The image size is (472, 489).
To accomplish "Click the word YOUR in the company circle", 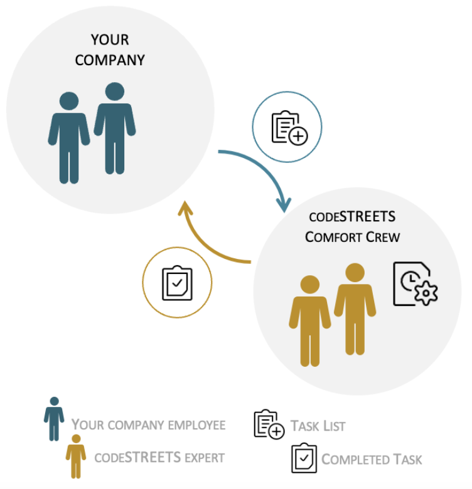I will pyautogui.click(x=110, y=40).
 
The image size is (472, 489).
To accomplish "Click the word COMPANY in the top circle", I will pyautogui.click(x=110, y=61).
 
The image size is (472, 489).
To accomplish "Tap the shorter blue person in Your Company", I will pyautogui.click(x=69, y=138).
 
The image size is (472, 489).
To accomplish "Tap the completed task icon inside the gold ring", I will pyautogui.click(x=177, y=283).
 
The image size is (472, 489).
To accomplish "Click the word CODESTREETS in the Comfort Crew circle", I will pyautogui.click(x=352, y=218).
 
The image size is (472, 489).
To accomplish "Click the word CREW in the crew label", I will pyautogui.click(x=382, y=238).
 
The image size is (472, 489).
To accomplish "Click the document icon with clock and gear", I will pyautogui.click(x=415, y=285).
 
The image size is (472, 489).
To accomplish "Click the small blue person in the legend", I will pyautogui.click(x=55, y=418).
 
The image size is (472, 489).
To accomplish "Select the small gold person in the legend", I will pyautogui.click(x=76, y=455).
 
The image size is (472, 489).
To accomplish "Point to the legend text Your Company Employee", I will pyautogui.click(x=148, y=425).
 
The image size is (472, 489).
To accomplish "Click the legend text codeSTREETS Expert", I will pyautogui.click(x=159, y=458).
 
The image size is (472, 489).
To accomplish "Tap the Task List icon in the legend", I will pyautogui.click(x=269, y=424).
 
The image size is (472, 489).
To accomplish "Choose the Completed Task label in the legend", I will pyautogui.click(x=372, y=460).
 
